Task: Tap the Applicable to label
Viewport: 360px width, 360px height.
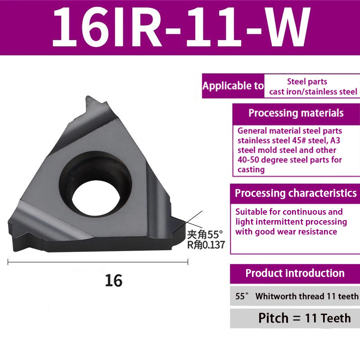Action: pos(233,86)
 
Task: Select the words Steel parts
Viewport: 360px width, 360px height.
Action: pos(307,81)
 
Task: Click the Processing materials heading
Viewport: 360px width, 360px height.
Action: pos(296,113)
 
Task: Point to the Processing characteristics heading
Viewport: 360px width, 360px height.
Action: pos(296,193)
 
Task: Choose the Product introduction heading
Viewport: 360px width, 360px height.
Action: pos(295,273)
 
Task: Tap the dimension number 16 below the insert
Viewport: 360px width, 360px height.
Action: pos(113,280)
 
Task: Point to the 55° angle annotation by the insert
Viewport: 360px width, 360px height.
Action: pos(205,234)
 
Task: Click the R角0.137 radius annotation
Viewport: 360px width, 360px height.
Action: pos(205,245)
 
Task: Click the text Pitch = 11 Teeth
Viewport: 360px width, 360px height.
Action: pos(304,318)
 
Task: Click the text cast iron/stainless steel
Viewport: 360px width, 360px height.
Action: pos(313,92)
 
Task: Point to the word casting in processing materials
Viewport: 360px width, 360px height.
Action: pos(251,170)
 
